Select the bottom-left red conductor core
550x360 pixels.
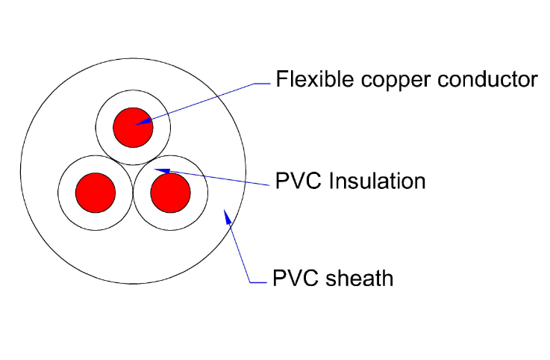pyautogui.click(x=96, y=192)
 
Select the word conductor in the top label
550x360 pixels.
pyautogui.click(x=481, y=79)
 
